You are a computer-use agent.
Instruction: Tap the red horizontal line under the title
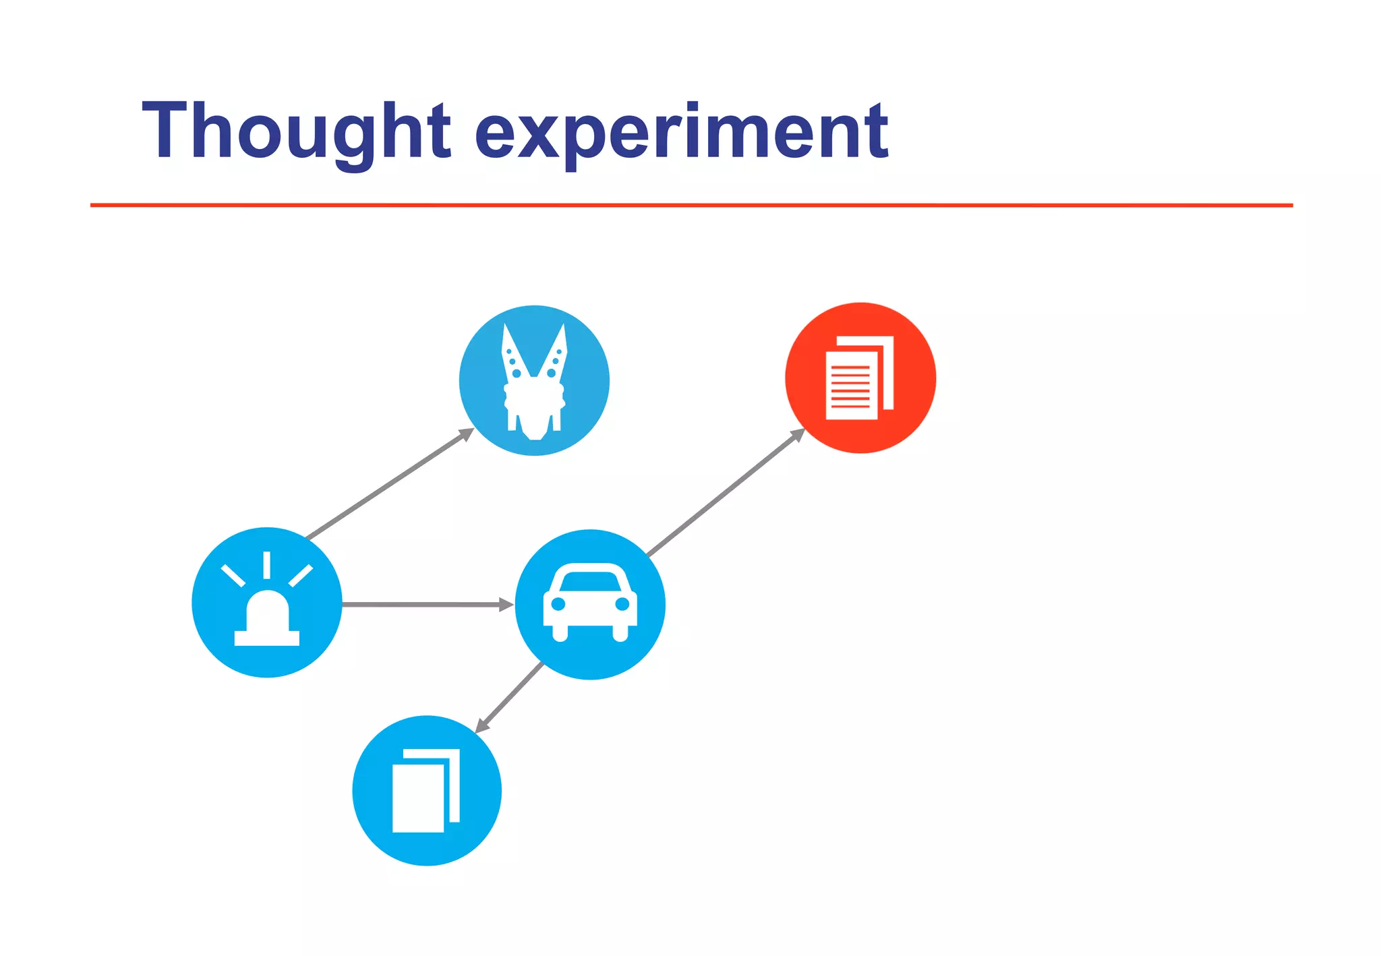coord(690,205)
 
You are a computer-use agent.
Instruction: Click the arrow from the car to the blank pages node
coord(510,697)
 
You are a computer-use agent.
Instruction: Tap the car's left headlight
coord(558,604)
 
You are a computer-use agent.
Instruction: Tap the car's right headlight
coord(622,604)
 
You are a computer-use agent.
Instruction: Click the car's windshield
coord(590,581)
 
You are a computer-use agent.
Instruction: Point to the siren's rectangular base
coord(267,638)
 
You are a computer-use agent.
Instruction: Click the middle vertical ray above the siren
coord(267,565)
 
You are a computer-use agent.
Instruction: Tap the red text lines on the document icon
coord(850,387)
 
